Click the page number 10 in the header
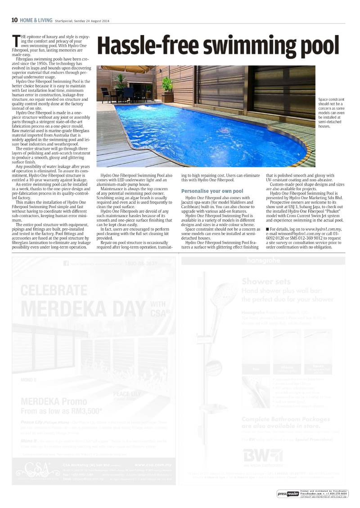[x=14, y=20]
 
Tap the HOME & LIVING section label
[x=36, y=20]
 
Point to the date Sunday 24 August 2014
[x=91, y=21]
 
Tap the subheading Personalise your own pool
[x=212, y=191]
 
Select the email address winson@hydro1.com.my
[x=300, y=234]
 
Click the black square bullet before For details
[x=268, y=230]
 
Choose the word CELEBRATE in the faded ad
[x=54, y=289]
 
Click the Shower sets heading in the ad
[x=264, y=282]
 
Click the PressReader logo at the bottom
[x=288, y=494]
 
